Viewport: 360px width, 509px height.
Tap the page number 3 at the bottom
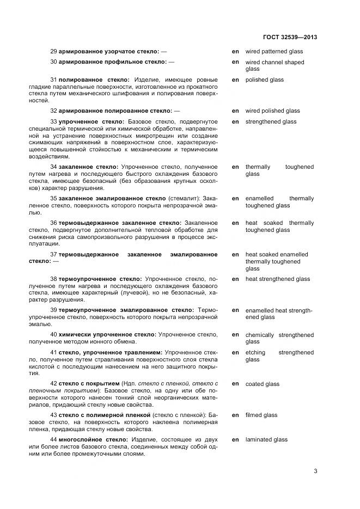315,471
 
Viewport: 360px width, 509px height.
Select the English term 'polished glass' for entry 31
264,80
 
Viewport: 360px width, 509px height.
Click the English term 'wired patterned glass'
274,52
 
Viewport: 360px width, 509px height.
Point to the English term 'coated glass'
262,384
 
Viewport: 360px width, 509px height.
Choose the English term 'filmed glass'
261,415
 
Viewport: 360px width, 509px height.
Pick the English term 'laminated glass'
266,440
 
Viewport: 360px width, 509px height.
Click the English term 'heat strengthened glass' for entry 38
277,279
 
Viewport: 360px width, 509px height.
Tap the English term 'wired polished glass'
272,111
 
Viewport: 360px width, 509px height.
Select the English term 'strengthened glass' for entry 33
271,122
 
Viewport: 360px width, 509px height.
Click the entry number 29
53,52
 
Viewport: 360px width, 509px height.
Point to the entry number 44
53,440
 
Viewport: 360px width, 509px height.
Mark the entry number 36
53,223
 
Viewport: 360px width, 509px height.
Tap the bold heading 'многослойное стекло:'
90,440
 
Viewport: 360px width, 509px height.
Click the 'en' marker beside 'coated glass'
235,384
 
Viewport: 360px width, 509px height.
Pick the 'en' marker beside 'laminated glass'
235,440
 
